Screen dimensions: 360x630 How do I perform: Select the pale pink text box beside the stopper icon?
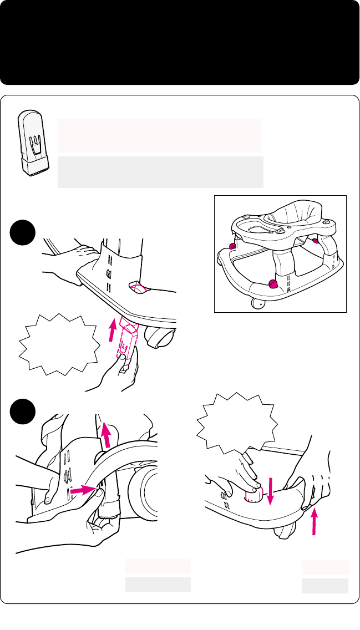pos(160,135)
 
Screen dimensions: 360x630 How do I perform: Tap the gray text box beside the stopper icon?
pos(160,172)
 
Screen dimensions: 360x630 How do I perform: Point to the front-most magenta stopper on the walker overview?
pos(273,285)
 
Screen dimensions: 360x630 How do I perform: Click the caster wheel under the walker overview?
pos(257,303)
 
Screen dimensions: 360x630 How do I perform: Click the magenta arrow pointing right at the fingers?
pos(83,490)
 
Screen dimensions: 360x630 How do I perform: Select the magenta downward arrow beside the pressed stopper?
pos(270,491)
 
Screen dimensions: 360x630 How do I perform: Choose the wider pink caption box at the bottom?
pos(158,566)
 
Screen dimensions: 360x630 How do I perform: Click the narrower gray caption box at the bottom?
pos(325,586)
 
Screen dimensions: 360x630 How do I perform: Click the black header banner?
pos(180,42)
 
